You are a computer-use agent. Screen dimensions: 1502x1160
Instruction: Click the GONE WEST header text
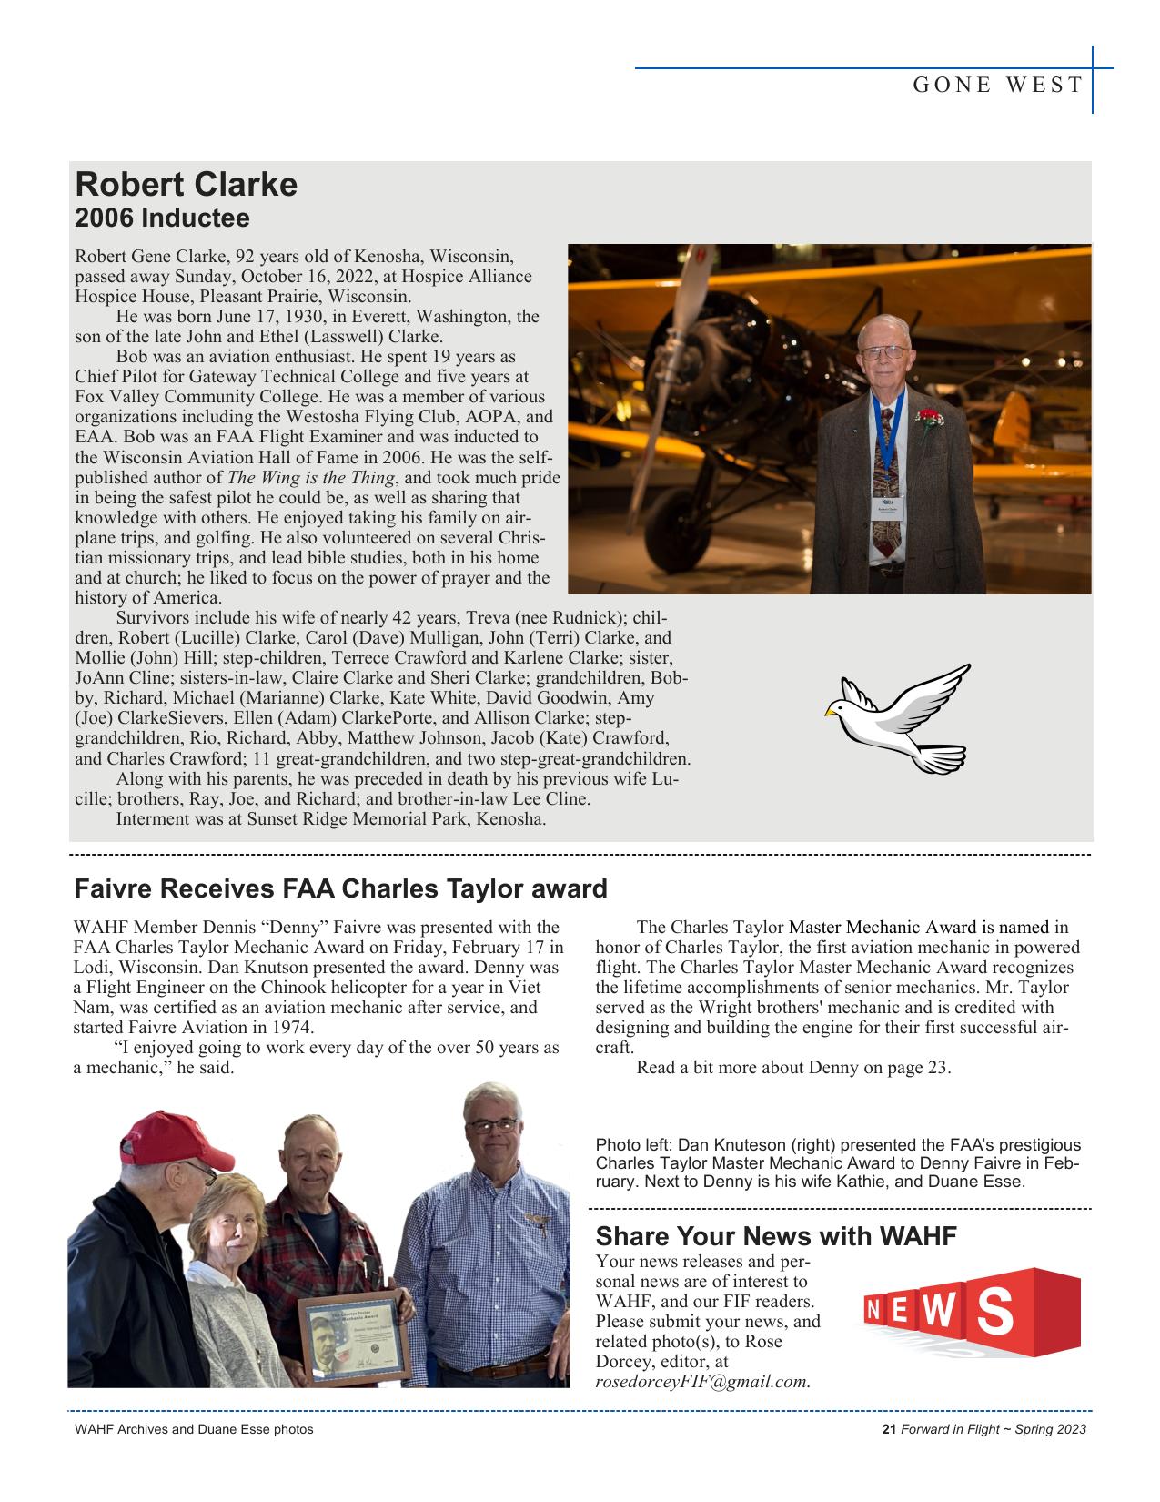tap(997, 86)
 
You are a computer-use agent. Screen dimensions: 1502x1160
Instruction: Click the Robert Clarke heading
tap(186, 185)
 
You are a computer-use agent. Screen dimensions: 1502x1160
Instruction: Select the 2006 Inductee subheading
tap(162, 219)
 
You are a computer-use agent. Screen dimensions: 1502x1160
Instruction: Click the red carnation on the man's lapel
tap(929, 420)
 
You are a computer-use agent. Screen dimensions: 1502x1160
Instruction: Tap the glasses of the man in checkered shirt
tap(492, 1126)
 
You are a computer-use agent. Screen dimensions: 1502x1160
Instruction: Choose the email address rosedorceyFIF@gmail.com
tap(702, 1382)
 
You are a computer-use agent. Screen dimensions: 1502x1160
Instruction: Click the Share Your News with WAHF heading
tap(776, 1236)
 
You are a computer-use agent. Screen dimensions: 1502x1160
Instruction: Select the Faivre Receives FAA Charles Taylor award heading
tap(339, 888)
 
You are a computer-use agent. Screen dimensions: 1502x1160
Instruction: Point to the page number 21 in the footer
tap(889, 1429)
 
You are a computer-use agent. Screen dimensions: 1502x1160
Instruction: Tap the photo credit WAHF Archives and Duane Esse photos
tap(194, 1429)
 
